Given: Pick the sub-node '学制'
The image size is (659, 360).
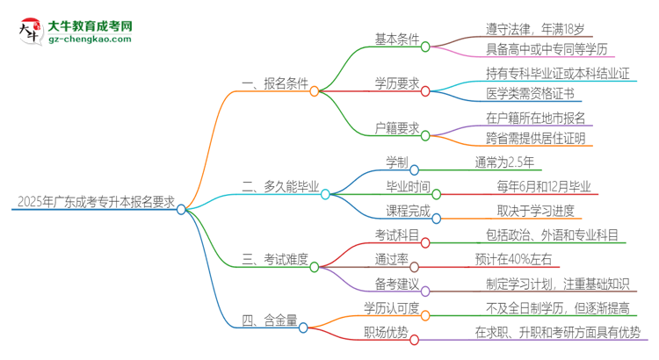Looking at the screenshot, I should pos(396,162).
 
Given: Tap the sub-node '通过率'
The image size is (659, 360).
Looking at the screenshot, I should pos(393,259).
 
